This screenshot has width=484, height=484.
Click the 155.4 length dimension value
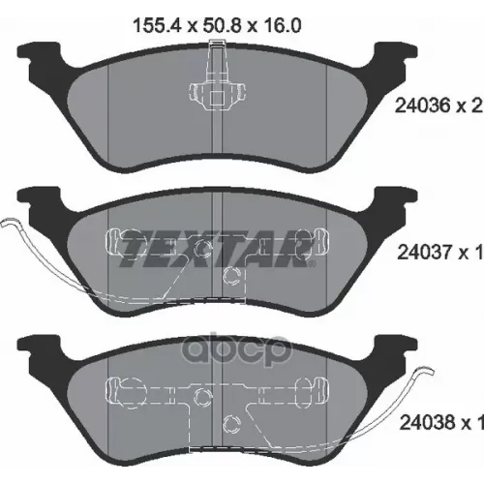point(156,25)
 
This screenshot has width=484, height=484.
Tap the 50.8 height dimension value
point(221,25)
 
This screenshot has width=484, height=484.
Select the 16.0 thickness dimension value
point(282,25)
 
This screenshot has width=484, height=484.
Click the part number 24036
point(422,106)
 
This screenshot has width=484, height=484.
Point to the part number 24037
point(424,253)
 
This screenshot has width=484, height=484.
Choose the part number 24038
point(426,422)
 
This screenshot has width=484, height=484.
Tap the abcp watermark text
point(236,351)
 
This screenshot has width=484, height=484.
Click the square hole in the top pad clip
point(217,98)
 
